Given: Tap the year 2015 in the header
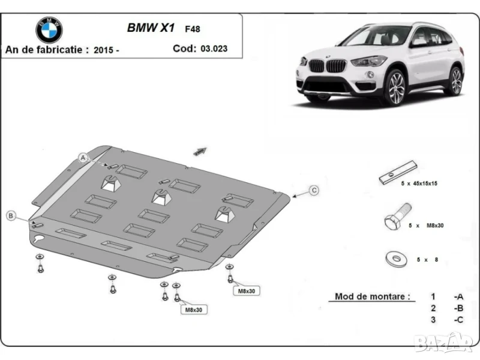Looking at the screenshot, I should click(103, 50).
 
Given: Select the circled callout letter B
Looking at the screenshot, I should click(11, 215).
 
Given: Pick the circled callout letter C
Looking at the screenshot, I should click(313, 190).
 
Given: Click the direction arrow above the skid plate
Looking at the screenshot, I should click(200, 151).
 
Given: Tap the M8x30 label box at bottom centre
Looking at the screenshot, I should click(192, 310).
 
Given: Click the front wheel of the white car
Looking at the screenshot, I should click(395, 87).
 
